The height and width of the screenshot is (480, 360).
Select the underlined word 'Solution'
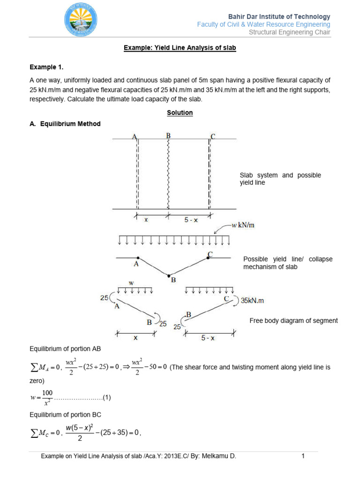click(x=180, y=113)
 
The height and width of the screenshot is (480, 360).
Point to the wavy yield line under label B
click(x=168, y=173)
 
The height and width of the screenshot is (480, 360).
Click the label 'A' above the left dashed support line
click(x=135, y=137)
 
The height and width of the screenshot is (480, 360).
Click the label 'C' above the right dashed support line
click(x=213, y=136)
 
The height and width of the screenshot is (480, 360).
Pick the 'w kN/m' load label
click(x=243, y=225)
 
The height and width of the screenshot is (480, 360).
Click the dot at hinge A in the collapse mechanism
click(x=137, y=258)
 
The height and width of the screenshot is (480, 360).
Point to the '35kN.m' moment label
click(x=255, y=301)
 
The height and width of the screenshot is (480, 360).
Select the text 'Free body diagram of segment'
click(x=293, y=321)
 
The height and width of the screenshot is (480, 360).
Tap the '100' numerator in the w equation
click(x=47, y=392)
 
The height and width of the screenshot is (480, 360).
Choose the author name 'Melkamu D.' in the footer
click(x=219, y=456)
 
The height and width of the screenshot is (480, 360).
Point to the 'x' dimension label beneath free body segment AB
click(x=136, y=337)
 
